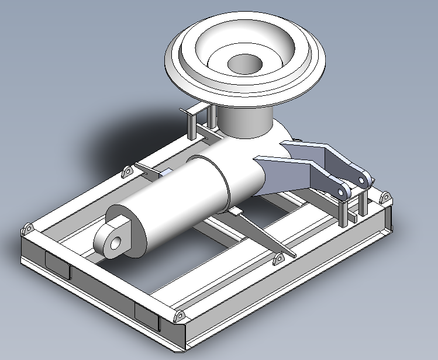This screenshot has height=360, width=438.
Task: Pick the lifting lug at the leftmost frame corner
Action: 27,228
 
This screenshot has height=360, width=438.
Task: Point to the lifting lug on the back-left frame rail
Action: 127,172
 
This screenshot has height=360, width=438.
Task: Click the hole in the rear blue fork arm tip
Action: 365,177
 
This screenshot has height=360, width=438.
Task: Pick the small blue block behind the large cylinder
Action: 165,172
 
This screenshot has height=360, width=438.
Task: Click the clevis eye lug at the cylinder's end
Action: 117,237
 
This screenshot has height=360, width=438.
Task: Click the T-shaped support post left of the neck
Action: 192,122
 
